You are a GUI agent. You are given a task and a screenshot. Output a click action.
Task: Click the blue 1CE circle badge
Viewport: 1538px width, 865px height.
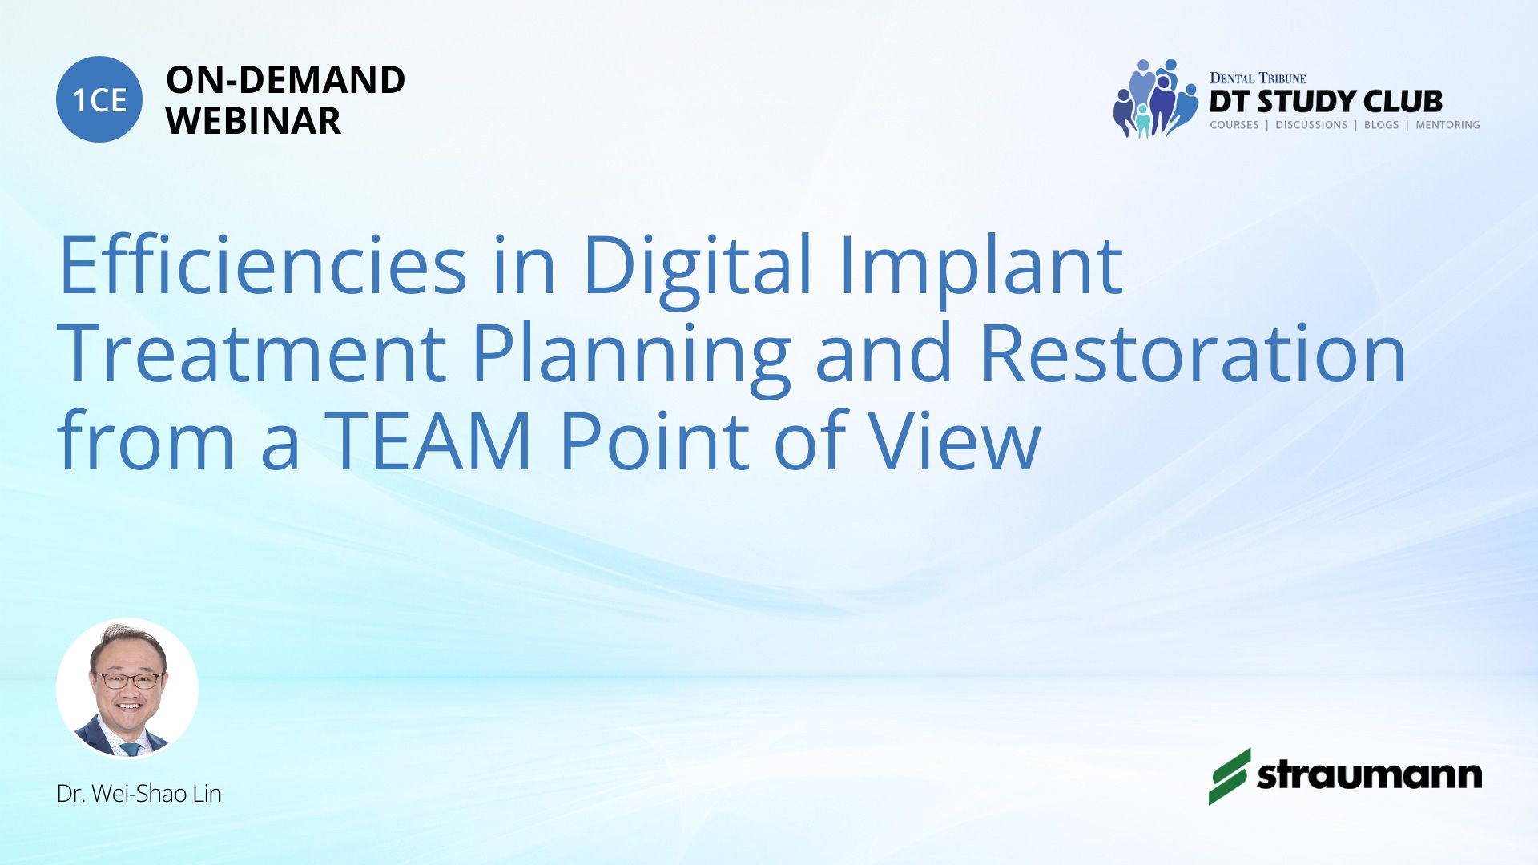[x=99, y=99]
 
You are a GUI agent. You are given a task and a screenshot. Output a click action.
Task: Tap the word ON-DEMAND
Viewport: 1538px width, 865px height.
[x=285, y=80]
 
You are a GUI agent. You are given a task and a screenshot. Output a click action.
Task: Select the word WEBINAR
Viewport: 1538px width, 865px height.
[x=253, y=121]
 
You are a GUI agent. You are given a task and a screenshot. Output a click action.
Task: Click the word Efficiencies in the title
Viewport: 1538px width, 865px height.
[x=263, y=264]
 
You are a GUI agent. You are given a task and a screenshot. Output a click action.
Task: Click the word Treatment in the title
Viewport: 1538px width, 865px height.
[x=252, y=353]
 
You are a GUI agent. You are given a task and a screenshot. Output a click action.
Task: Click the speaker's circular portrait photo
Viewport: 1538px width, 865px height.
[x=127, y=688]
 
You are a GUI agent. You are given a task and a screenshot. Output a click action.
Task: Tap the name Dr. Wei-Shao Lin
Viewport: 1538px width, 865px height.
[x=139, y=794]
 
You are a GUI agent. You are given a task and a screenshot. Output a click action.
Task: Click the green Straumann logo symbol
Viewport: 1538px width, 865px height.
[x=1229, y=776]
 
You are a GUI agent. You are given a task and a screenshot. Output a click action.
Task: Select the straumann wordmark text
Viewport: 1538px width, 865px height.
[x=1370, y=775]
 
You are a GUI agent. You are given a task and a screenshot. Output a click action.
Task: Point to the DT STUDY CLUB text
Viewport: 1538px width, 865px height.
[x=1326, y=102]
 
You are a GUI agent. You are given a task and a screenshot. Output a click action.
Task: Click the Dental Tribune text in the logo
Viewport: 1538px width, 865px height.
[x=1258, y=78]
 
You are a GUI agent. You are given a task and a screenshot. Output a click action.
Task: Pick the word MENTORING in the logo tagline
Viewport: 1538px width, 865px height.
[x=1447, y=125]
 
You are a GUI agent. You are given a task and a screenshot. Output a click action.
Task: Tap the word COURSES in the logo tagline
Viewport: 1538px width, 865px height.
[x=1234, y=125]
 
